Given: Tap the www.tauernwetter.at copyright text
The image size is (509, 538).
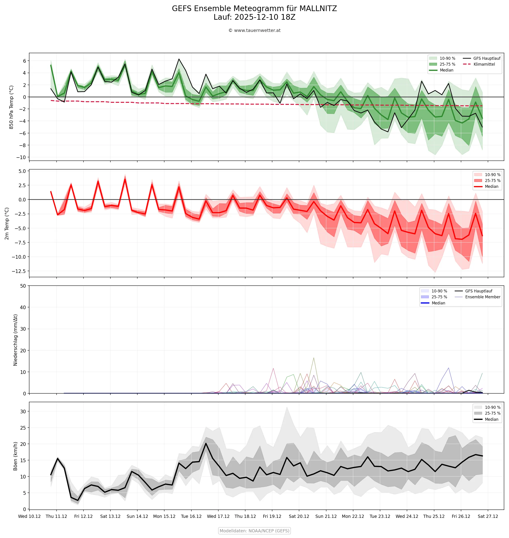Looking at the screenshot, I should click(x=254, y=30).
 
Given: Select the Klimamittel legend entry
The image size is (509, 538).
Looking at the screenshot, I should click(x=484, y=64).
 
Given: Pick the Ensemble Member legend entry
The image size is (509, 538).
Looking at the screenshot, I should click(x=482, y=297).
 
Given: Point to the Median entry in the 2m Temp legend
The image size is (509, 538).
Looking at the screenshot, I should click(x=491, y=187).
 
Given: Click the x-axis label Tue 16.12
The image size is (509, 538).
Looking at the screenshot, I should click(x=191, y=516).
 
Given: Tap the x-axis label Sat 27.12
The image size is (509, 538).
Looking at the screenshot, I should click(x=488, y=516).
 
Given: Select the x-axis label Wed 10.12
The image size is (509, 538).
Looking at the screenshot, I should click(x=29, y=516).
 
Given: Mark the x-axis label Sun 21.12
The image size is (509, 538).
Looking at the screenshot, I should click(x=326, y=516).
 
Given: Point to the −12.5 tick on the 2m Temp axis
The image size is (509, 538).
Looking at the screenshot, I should click(x=19, y=271).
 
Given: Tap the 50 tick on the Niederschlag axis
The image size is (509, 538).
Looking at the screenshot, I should click(x=23, y=286).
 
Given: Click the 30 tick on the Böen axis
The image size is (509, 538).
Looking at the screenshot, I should click(x=23, y=411).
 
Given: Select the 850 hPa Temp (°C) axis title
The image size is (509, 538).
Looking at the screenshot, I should click(x=11, y=107).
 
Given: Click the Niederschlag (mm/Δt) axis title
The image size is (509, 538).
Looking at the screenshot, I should click(x=15, y=340).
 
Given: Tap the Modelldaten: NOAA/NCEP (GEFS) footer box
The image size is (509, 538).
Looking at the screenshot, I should click(x=254, y=531).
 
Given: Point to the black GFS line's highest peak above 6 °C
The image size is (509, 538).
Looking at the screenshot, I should click(x=179, y=59).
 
